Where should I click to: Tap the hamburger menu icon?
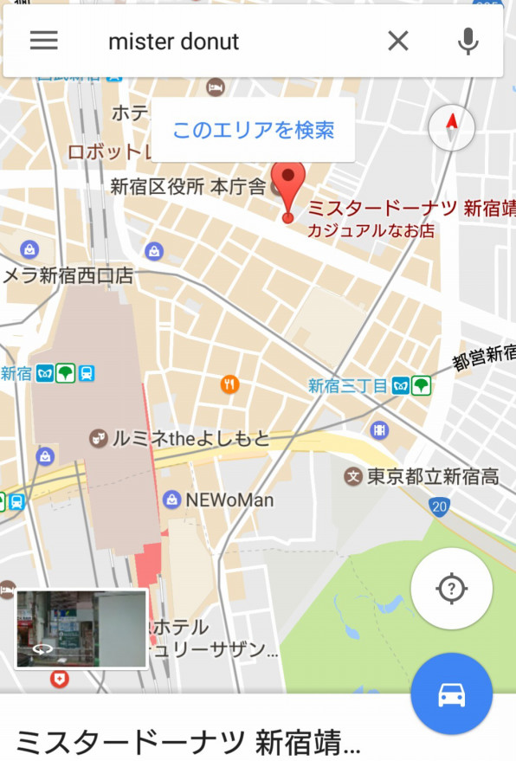coord(44,41)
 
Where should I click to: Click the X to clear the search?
coord(397,41)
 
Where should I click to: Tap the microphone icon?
coord(468,41)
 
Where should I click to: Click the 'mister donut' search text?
coord(173,42)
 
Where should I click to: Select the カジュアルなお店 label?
coord(371,231)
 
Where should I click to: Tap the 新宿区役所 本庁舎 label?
coord(188,186)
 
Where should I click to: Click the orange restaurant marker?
coord(229,384)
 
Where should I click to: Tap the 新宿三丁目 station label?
coord(348,386)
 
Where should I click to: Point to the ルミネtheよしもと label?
coord(190,438)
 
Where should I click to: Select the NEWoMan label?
coord(229,500)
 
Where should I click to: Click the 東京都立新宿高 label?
coord(433,475)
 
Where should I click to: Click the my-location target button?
coord(451,589)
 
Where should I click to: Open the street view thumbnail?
coord(81,629)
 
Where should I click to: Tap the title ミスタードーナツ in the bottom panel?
coord(186,742)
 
